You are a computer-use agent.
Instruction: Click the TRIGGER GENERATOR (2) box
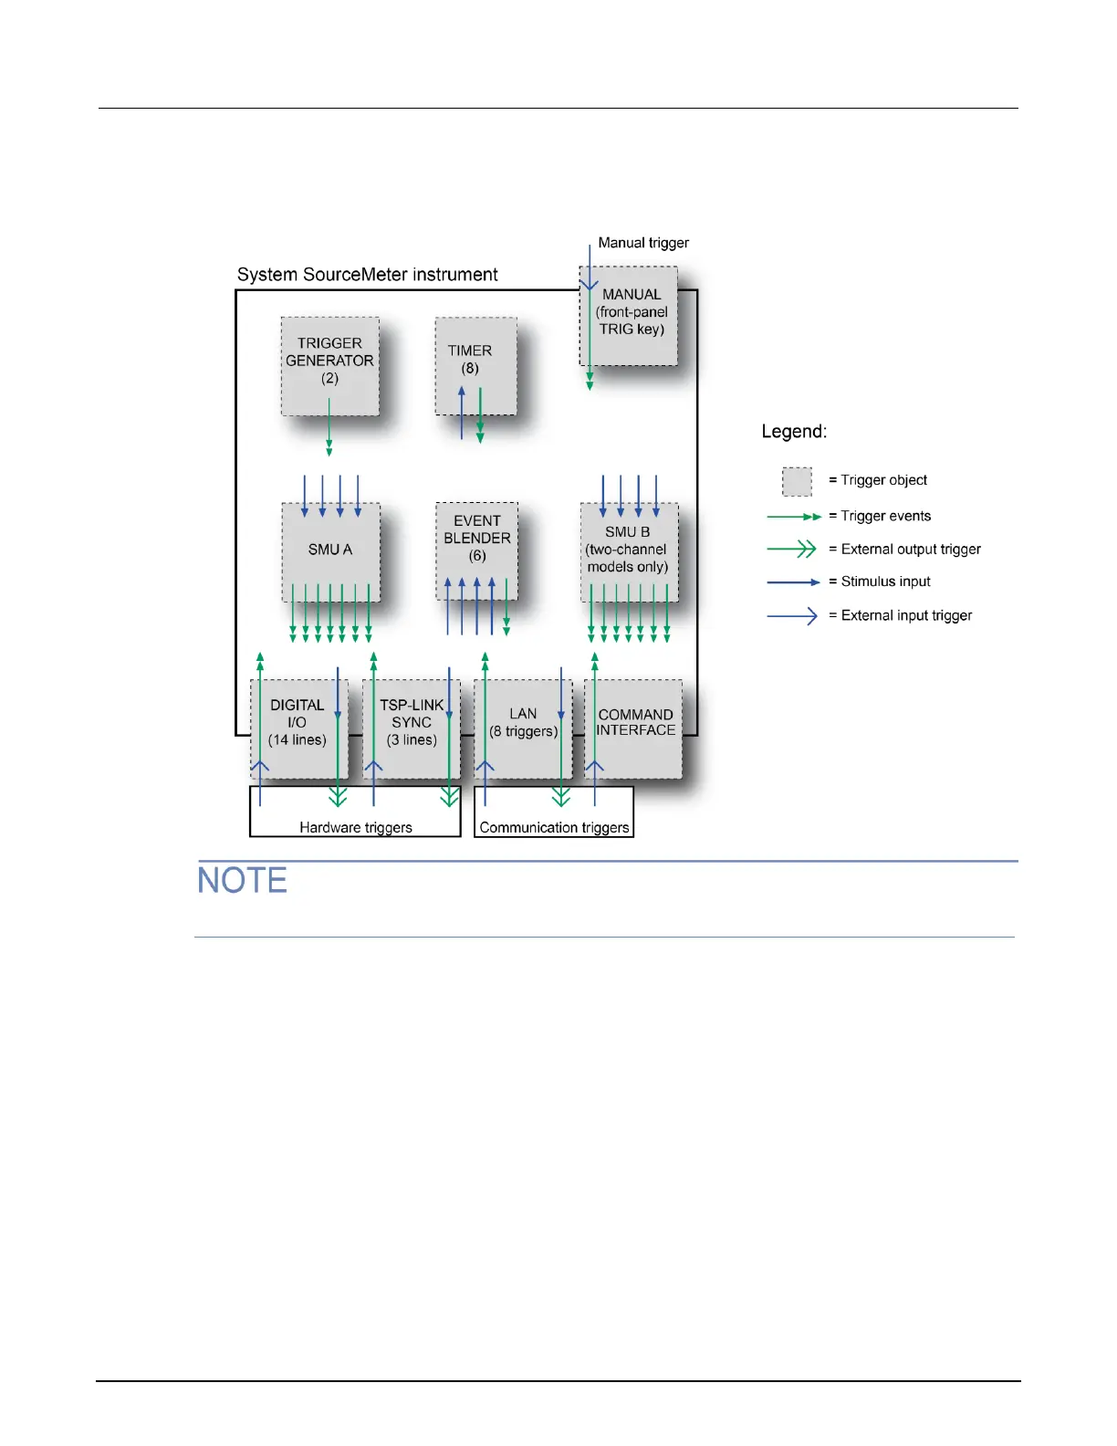329,366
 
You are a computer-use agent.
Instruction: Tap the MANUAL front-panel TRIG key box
630,315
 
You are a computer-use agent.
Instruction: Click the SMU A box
330,550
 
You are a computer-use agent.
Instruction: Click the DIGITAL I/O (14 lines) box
298,728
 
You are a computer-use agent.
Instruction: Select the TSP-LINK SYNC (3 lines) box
412,728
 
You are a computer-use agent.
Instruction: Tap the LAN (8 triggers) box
523,728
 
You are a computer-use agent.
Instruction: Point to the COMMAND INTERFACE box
635,728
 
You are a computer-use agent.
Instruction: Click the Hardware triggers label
356,827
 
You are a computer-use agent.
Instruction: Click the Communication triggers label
554,827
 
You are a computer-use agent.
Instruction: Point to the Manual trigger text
643,243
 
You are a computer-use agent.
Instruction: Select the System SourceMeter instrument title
367,275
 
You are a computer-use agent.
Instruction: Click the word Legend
794,432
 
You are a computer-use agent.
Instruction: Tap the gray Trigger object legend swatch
797,481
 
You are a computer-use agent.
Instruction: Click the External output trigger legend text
911,550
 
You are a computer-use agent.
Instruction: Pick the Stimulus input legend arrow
793,582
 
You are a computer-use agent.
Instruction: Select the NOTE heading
242,881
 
